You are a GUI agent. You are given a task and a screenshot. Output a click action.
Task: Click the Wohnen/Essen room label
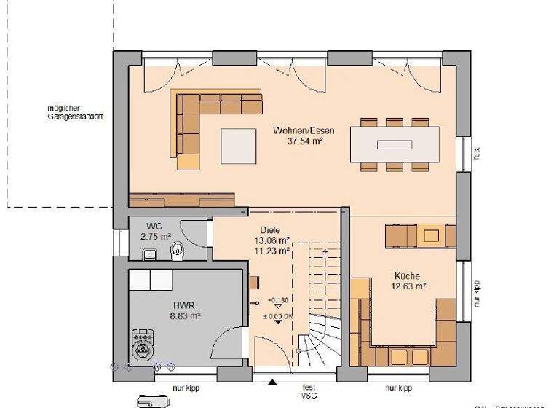(304, 131)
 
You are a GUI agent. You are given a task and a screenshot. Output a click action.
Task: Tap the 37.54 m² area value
(304, 142)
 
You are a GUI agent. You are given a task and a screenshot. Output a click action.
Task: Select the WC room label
(153, 226)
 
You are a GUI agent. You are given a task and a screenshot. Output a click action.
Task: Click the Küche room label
(407, 277)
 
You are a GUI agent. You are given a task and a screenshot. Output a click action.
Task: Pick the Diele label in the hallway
(269, 230)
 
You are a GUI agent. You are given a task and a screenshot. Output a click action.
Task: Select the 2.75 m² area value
(154, 237)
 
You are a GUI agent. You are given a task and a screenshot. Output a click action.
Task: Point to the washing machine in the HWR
(142, 345)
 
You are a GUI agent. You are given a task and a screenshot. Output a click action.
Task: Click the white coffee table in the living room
(239, 146)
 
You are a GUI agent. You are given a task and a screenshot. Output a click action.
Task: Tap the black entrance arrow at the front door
(271, 381)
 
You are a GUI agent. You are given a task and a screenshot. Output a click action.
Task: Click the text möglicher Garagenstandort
(73, 112)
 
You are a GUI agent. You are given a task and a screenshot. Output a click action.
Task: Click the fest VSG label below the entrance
(309, 392)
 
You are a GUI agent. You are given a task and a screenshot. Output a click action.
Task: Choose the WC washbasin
(148, 254)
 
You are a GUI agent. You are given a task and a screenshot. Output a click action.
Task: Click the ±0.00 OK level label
(277, 315)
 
